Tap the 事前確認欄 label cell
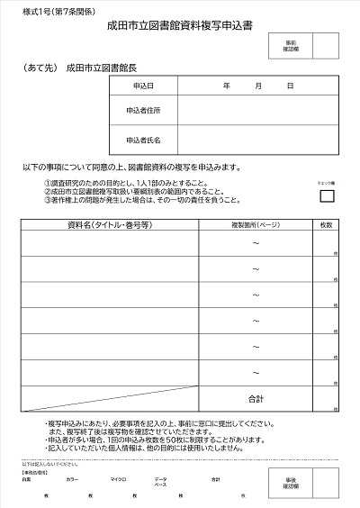[290, 44]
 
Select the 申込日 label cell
[143, 86]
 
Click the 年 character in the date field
[225, 86]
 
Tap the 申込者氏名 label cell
[143, 140]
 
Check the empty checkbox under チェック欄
[327, 195]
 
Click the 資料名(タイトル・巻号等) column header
[109, 223]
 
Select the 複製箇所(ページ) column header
[256, 223]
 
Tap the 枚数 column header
[326, 223]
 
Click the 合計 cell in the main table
[256, 397]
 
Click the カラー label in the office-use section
[72, 479]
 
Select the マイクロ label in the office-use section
[118, 479]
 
